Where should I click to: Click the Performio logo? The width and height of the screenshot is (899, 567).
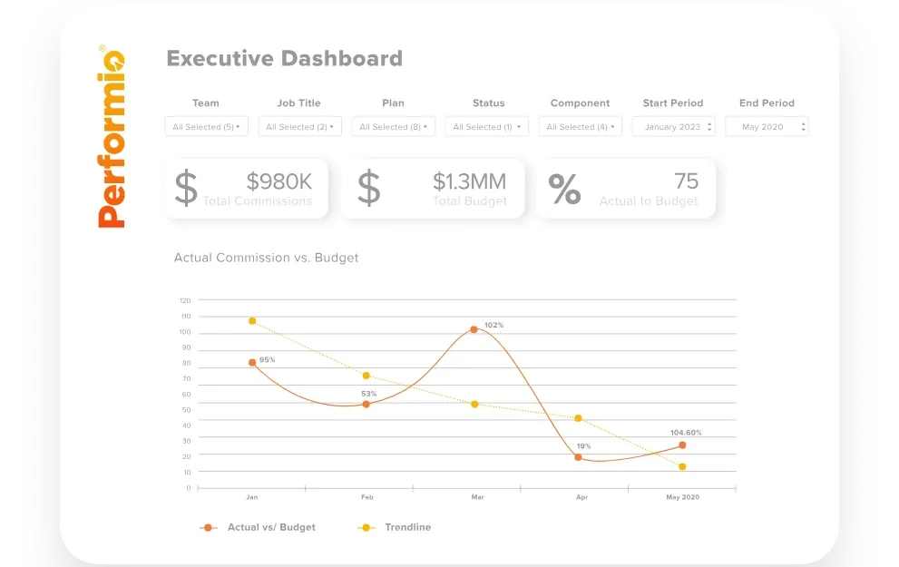tap(112, 136)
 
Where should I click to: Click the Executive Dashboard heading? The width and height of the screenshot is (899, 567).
tap(284, 59)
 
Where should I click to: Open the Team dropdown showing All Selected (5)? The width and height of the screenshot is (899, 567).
tap(207, 127)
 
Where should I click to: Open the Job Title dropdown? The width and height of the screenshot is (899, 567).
tap(299, 127)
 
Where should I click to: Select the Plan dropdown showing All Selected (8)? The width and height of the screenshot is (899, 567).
tap(393, 127)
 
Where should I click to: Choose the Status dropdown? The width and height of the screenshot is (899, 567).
tap(487, 127)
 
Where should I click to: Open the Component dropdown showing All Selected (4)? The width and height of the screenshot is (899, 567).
tap(580, 127)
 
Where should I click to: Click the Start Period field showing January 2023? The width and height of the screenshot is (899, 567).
tap(673, 127)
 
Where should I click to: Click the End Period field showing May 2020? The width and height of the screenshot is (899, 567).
tap(767, 127)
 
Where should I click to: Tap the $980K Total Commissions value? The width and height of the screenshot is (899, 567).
tap(279, 181)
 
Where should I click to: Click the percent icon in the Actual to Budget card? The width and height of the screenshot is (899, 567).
tap(564, 189)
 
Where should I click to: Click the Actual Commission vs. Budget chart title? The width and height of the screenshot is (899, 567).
tap(266, 258)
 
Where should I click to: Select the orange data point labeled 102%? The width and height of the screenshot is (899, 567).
tap(474, 329)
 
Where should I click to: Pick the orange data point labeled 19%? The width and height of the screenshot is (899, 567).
tap(578, 457)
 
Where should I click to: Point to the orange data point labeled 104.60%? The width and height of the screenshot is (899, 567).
tap(682, 445)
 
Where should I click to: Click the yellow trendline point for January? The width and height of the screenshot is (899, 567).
tap(252, 321)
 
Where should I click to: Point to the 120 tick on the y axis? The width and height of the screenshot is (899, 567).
tap(185, 300)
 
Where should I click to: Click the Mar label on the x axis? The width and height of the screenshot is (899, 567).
tap(477, 498)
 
